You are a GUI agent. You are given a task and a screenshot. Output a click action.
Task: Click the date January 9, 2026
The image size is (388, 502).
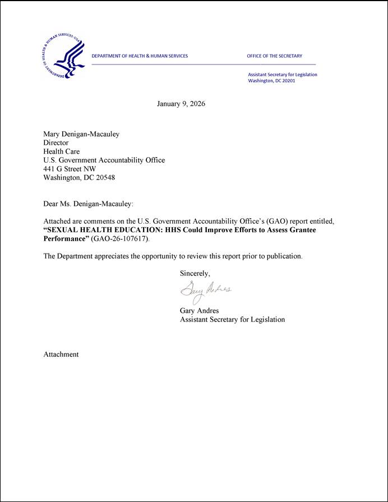coord(181,104)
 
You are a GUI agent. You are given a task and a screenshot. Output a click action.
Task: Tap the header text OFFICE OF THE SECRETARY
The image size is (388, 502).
coord(274,56)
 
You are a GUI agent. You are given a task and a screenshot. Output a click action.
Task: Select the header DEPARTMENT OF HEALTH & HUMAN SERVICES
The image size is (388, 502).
coord(140,56)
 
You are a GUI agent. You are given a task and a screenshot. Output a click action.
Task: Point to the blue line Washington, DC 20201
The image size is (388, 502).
coord(271,81)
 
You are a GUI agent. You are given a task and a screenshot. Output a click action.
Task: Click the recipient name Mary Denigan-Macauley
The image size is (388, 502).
coord(81,134)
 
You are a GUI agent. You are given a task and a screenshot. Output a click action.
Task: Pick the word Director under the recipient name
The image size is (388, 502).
coord(56,142)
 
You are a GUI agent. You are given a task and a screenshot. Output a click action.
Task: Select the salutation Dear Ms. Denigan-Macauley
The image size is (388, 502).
coord(89,204)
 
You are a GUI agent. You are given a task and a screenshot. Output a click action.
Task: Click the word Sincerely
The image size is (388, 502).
coord(195,274)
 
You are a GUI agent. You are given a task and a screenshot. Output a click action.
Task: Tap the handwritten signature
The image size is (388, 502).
coord(205,291)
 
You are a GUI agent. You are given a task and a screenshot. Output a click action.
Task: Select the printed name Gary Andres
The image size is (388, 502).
coord(199,310)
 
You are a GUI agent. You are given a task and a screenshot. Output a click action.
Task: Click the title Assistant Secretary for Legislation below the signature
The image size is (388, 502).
coord(232,319)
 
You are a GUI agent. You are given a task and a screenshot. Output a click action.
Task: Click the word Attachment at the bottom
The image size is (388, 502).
coord(61,354)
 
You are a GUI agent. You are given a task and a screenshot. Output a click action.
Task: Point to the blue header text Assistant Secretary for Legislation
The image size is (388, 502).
coord(283,75)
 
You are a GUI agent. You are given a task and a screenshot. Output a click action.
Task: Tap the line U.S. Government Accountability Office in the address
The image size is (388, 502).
coord(104,160)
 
